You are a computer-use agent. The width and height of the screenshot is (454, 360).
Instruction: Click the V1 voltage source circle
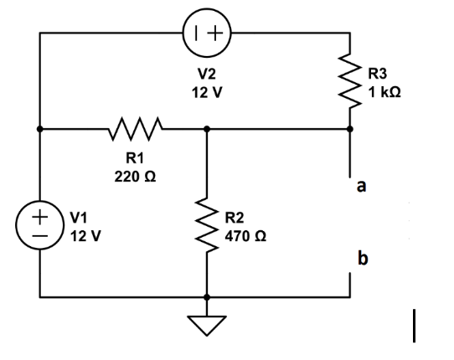click(x=39, y=227)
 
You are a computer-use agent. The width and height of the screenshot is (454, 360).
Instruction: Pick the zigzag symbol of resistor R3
click(x=350, y=81)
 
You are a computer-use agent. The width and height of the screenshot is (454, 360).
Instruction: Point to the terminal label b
click(x=362, y=259)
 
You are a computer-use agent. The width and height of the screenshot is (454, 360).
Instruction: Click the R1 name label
click(x=135, y=158)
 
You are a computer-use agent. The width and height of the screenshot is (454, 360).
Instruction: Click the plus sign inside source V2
click(x=215, y=34)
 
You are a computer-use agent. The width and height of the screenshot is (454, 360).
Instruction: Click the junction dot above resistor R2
click(x=206, y=130)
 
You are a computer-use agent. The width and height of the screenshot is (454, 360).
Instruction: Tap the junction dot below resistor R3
click(x=350, y=130)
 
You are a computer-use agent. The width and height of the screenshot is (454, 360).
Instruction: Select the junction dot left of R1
click(x=39, y=130)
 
